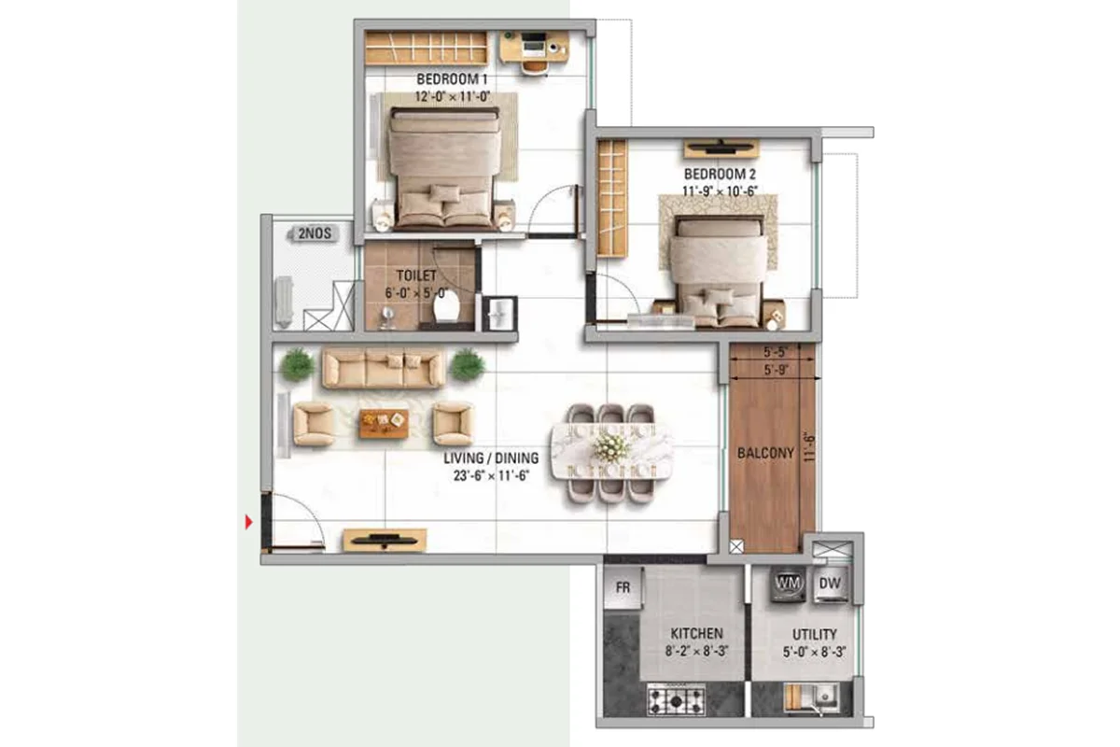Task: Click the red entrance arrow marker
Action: (248, 522)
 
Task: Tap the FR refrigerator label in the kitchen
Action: (623, 587)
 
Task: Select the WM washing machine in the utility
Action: (788, 584)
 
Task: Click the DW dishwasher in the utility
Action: (830, 584)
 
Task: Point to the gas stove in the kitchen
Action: (676, 700)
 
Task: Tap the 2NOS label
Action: (315, 233)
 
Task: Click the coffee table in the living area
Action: (384, 423)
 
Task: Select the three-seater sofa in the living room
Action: (383, 369)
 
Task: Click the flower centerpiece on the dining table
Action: (610, 445)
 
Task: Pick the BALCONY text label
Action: (765, 453)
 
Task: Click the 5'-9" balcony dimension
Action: (776, 370)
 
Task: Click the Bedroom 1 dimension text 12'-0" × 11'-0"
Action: (452, 96)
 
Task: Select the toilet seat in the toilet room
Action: (446, 308)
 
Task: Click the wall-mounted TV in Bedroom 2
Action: (721, 148)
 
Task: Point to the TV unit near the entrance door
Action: (385, 540)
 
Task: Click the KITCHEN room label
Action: (696, 633)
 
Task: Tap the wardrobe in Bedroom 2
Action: (612, 199)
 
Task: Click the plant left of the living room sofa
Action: (297, 365)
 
